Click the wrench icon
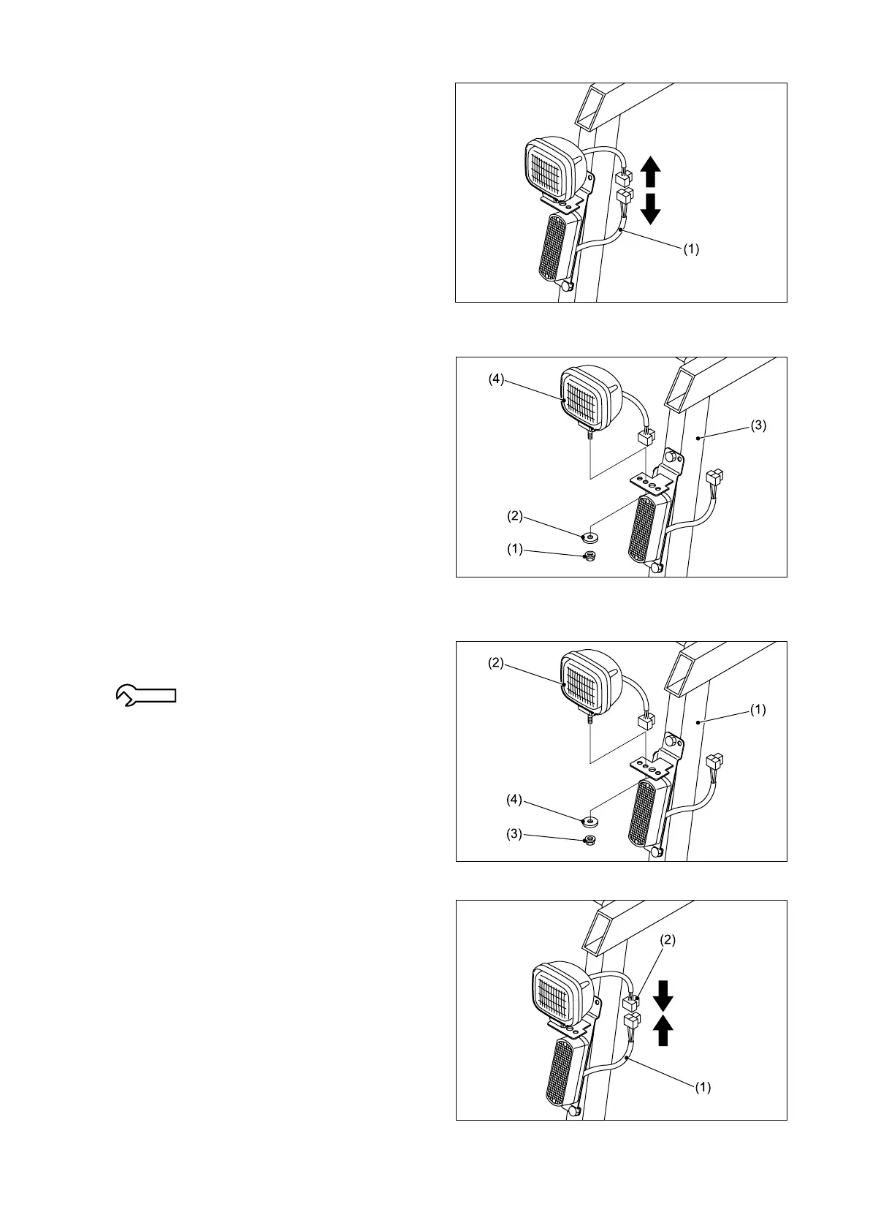146,694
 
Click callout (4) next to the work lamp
496,379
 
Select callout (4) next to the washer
514,800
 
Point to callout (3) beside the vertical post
759,425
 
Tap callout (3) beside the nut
514,834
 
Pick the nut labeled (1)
588,558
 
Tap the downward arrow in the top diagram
650,210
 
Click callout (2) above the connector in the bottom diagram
668,941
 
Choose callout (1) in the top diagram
691,249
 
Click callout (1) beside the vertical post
759,709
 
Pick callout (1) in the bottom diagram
703,1087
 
